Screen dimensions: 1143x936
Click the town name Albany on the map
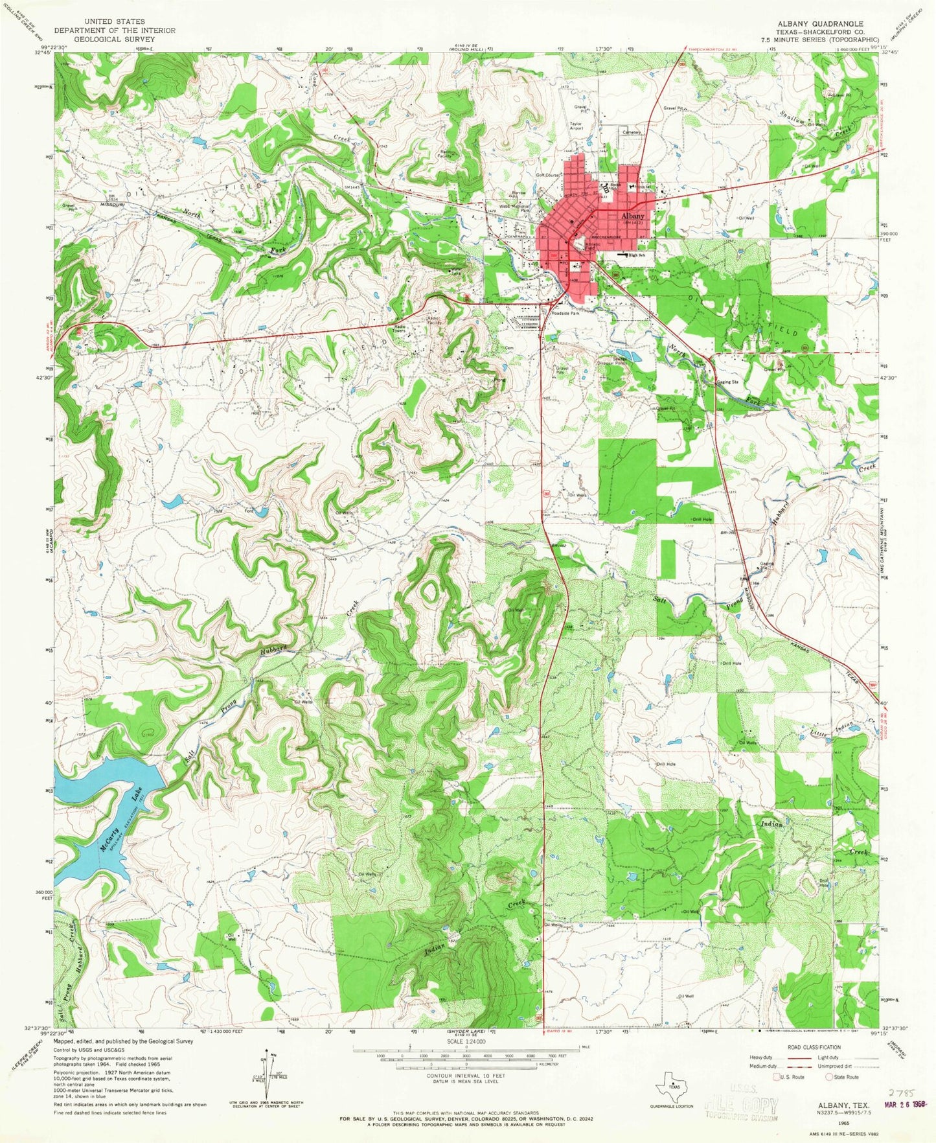(633, 216)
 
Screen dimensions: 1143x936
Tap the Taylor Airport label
(576, 126)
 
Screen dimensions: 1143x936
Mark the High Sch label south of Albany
(637, 256)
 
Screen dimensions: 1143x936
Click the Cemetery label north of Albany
(632, 132)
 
